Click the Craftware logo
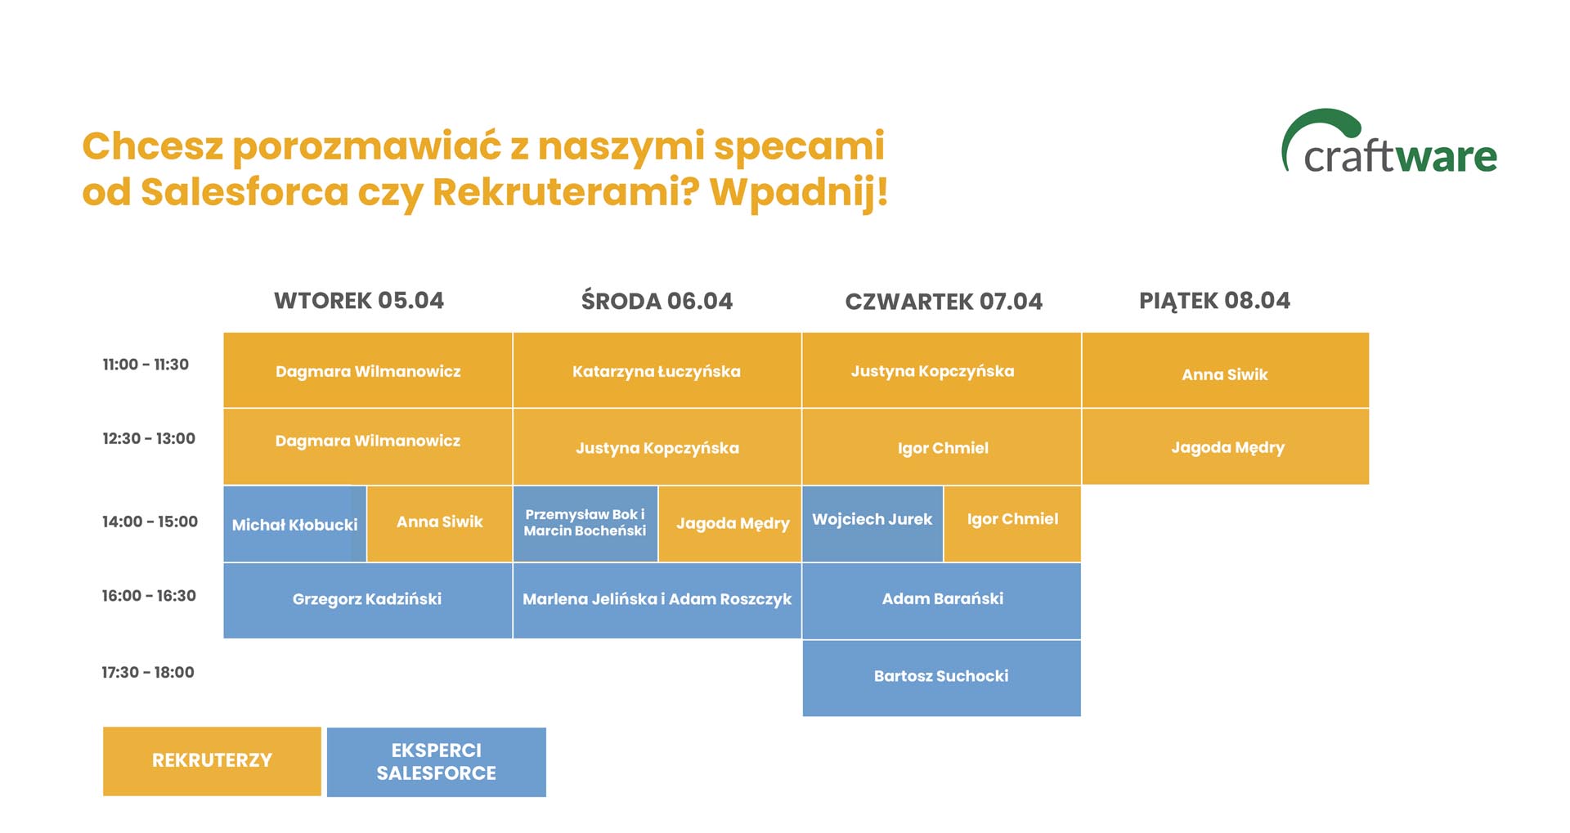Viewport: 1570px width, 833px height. (x=1388, y=142)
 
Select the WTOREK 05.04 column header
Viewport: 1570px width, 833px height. (x=359, y=301)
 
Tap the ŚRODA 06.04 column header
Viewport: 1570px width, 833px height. (x=657, y=301)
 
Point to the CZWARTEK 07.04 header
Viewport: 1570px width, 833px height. (x=944, y=302)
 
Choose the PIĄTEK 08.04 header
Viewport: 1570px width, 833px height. (x=1214, y=301)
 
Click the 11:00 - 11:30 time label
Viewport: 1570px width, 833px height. (x=146, y=365)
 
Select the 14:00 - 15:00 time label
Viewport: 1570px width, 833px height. (x=150, y=522)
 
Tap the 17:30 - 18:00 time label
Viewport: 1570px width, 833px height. (x=148, y=673)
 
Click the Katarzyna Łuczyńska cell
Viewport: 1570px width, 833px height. (x=657, y=370)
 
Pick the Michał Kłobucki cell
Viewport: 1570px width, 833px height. (x=295, y=524)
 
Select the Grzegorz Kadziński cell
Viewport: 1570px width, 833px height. (x=368, y=600)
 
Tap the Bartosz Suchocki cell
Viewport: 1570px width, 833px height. (x=941, y=678)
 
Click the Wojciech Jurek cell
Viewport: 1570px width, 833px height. (x=872, y=524)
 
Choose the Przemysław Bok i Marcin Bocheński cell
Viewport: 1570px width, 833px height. (x=585, y=524)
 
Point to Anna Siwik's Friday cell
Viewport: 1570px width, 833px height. (x=1225, y=370)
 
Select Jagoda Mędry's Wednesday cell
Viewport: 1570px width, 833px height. (x=730, y=524)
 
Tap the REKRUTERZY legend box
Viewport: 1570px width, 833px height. (x=212, y=761)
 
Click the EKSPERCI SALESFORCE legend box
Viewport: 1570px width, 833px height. (x=437, y=762)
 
